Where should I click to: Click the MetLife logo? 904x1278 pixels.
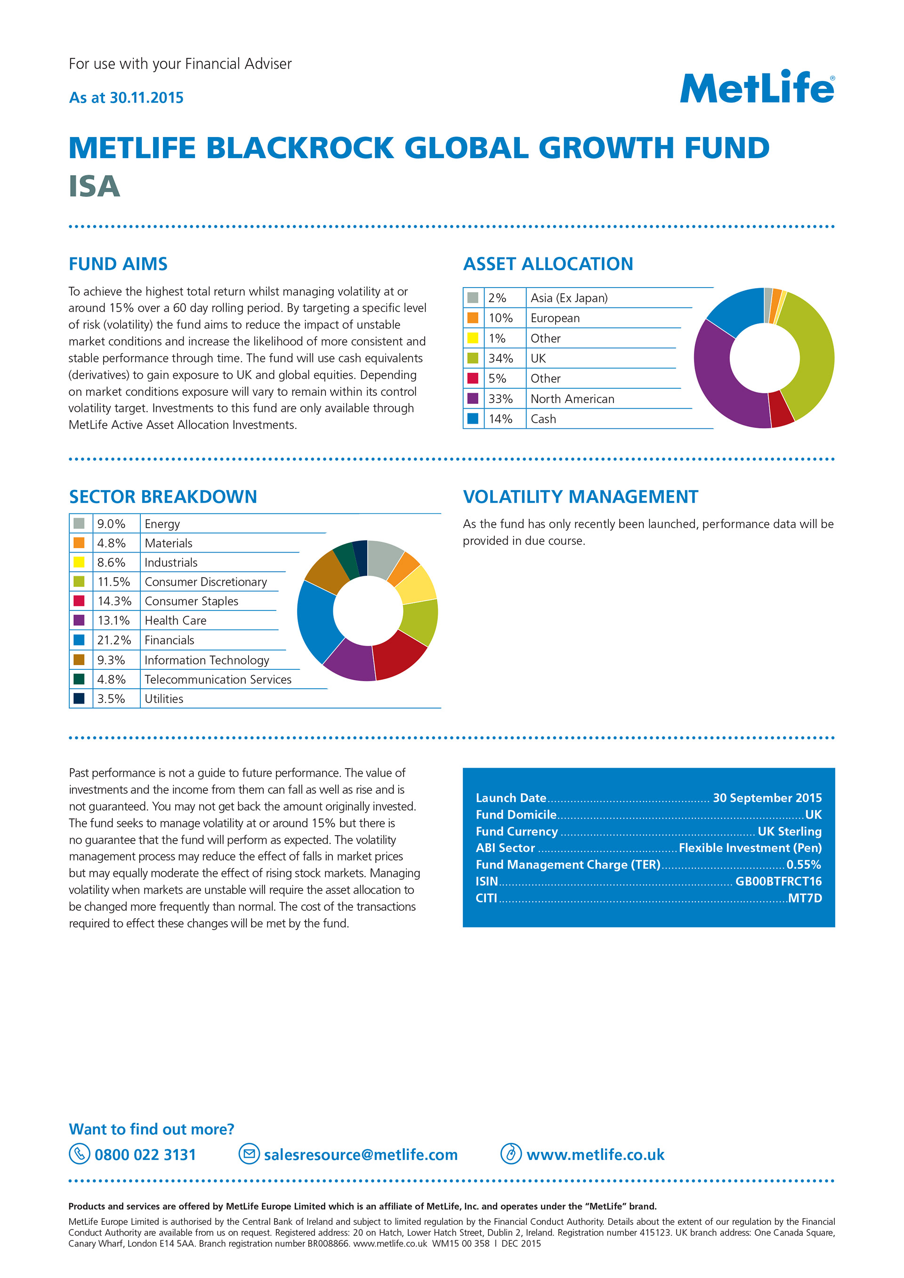(x=757, y=88)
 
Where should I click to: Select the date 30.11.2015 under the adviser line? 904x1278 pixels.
(x=146, y=98)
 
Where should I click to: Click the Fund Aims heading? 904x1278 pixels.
(x=118, y=264)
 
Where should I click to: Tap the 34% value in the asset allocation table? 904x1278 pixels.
(x=500, y=359)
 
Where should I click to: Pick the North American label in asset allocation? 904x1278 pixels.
(x=572, y=399)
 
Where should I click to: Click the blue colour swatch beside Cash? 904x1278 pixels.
(x=473, y=418)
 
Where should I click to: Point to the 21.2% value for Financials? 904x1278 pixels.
(x=114, y=640)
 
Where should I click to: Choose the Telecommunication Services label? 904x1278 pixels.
(x=218, y=680)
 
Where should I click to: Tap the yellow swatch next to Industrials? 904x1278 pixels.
(x=79, y=562)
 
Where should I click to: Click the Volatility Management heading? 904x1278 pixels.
(x=580, y=497)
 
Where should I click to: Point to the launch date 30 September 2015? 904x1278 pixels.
(x=767, y=798)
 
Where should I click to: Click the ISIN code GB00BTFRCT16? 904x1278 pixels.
(x=778, y=881)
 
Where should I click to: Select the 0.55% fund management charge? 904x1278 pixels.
(x=803, y=864)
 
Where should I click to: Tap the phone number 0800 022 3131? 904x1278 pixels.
(x=145, y=1155)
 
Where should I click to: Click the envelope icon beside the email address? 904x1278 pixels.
(x=249, y=1154)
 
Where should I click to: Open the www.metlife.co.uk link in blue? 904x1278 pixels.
(x=595, y=1155)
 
